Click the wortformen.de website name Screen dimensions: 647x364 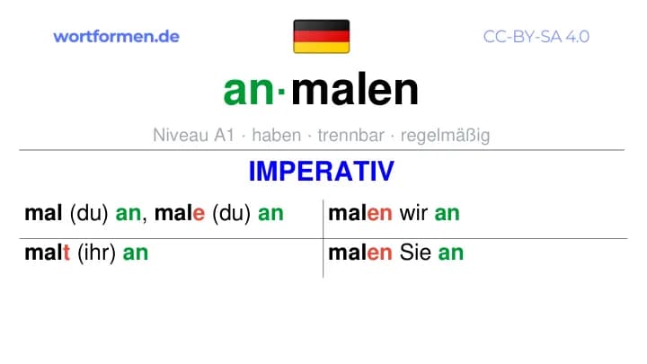pyautogui.click(x=116, y=37)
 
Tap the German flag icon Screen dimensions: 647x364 pyautogui.click(x=322, y=36)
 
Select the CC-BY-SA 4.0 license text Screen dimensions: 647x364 pyautogui.click(x=536, y=37)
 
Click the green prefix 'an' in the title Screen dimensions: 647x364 pyautogui.click(x=248, y=90)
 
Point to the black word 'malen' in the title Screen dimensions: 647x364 pyautogui.click(x=355, y=89)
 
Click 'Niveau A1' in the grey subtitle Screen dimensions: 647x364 pyautogui.click(x=193, y=135)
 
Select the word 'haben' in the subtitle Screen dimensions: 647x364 pyautogui.click(x=277, y=135)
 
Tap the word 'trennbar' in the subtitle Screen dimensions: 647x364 pyautogui.click(x=351, y=135)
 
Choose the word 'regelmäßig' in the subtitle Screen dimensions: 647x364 pyautogui.click(x=445, y=136)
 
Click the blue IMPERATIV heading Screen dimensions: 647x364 pyautogui.click(x=322, y=172)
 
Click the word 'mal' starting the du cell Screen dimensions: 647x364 pyautogui.click(x=43, y=213)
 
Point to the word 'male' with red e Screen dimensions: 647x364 pyautogui.click(x=180, y=213)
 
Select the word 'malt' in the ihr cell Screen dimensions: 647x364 pyautogui.click(x=47, y=253)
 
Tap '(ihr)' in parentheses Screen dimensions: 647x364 pyautogui.click(x=96, y=253)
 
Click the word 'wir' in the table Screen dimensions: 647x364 pyautogui.click(x=413, y=213)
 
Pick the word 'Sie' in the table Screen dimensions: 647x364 pyautogui.click(x=415, y=253)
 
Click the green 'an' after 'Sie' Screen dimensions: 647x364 pyautogui.click(x=450, y=253)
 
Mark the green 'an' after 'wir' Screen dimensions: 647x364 pyautogui.click(x=447, y=214)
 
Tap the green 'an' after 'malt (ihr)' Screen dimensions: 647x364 pyautogui.click(x=136, y=253)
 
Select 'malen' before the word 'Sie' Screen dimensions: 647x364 pyautogui.click(x=359, y=253)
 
